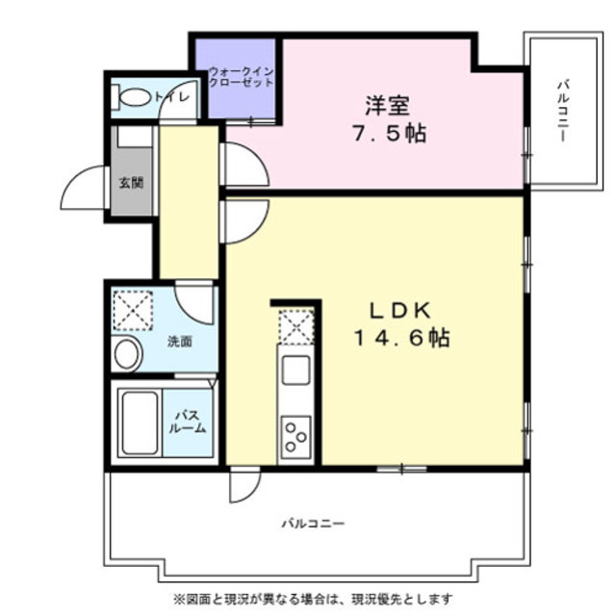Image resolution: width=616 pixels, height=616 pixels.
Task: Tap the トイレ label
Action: click(x=176, y=96)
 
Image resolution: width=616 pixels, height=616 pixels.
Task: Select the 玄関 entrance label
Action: click(x=131, y=182)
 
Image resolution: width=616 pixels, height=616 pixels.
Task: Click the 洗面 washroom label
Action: click(x=179, y=341)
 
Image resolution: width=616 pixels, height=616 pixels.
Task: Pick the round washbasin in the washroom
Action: click(x=127, y=354)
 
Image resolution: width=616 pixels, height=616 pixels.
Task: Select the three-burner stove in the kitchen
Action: click(x=295, y=437)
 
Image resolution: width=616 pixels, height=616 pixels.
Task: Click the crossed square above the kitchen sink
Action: click(x=295, y=325)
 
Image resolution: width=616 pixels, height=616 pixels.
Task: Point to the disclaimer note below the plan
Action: click(x=311, y=599)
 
